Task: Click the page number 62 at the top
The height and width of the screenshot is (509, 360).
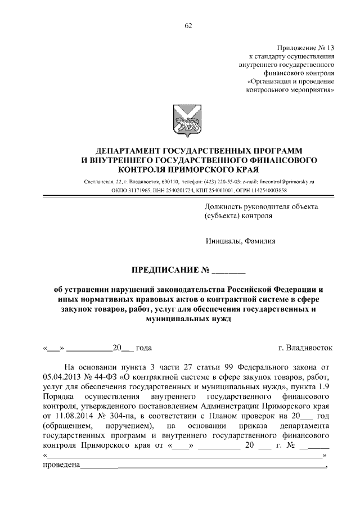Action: coord(188,25)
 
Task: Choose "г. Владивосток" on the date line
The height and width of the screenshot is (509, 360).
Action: coord(306,348)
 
